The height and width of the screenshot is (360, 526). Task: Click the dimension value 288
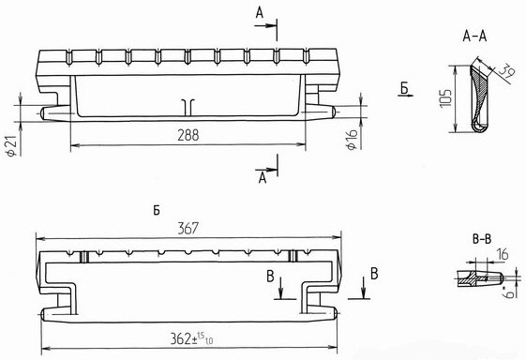[x=188, y=135]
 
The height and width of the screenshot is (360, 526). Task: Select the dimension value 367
[x=188, y=229]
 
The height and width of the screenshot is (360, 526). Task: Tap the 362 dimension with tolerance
[x=191, y=338]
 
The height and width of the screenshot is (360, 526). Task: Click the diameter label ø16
[x=352, y=140]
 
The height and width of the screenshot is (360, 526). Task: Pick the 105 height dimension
[x=445, y=98]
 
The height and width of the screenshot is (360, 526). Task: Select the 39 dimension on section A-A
[x=506, y=71]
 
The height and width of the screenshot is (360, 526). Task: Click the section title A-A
[x=474, y=37]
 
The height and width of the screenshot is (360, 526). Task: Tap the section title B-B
[x=482, y=239]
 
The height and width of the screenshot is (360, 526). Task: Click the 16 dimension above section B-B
[x=502, y=254]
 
